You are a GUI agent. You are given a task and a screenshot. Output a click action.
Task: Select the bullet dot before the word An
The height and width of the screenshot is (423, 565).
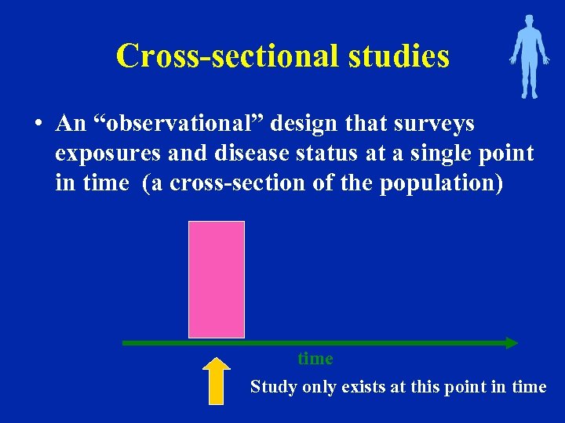(37, 125)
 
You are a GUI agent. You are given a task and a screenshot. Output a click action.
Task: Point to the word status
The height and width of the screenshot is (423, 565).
(314, 154)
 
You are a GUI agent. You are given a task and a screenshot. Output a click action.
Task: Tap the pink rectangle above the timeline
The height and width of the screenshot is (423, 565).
(217, 279)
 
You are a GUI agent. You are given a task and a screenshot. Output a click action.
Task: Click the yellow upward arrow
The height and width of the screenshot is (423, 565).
(216, 381)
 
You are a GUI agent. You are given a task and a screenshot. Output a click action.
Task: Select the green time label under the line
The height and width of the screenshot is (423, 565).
(315, 359)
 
